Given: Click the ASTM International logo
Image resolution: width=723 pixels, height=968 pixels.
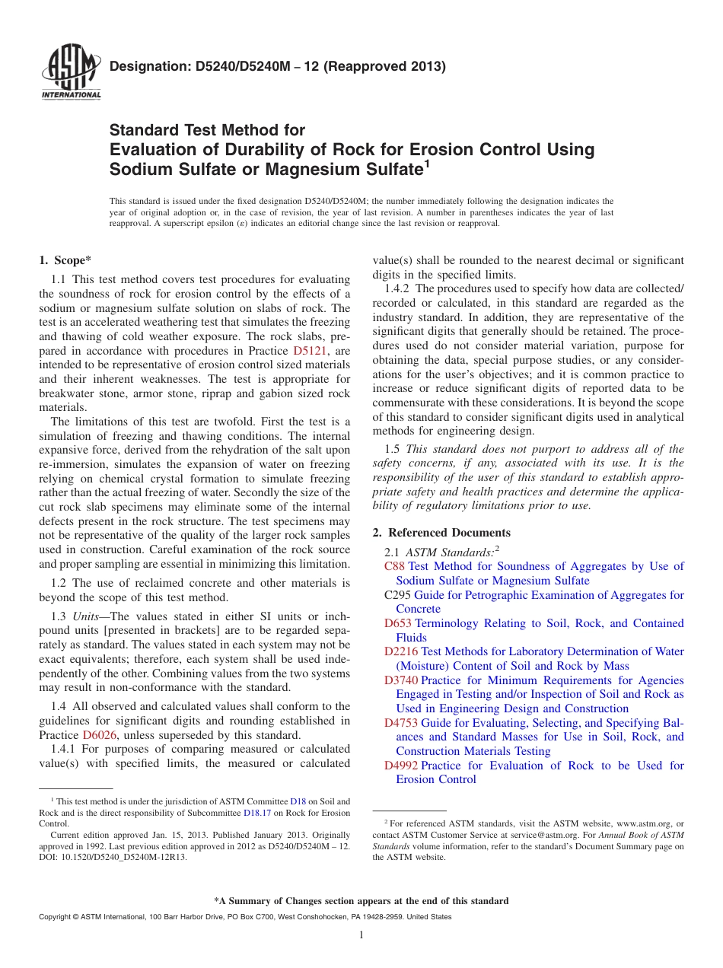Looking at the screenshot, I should pyautogui.click(x=71, y=73).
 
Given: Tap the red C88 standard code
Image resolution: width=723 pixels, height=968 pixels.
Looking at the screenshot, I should pyautogui.click(x=394, y=566).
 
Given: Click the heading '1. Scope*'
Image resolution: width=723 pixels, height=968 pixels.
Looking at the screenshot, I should pyautogui.click(x=65, y=260).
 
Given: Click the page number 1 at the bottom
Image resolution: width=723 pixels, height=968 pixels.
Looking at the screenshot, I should pyautogui.click(x=361, y=935).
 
